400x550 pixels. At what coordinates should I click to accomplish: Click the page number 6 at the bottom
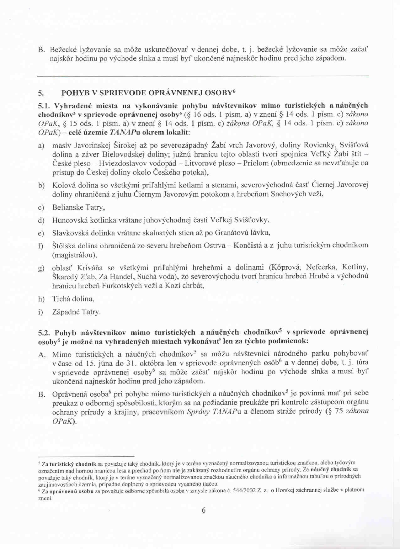coord(204,510)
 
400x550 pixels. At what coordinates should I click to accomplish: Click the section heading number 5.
coord(41,93)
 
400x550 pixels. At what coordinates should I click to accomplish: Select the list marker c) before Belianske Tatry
coord(41,208)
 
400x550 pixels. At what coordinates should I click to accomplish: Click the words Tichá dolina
coord(73,299)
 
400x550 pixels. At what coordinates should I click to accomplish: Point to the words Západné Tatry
coord(76,312)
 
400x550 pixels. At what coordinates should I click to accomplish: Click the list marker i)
coord(40,312)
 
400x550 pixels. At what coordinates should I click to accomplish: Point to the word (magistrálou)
coord(74,255)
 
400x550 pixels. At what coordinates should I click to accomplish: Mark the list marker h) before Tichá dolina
coord(41,299)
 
